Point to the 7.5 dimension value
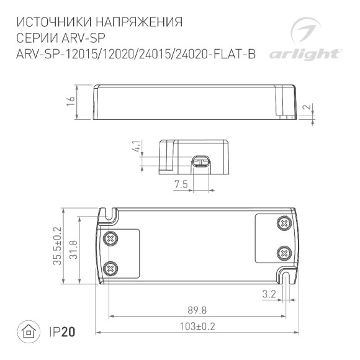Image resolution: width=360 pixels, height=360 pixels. pos(180,184)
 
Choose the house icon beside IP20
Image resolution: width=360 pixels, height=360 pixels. pos(28,332)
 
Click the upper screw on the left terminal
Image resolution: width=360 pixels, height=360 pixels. pos(112,238)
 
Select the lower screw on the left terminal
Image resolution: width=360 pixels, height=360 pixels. pos(112,268)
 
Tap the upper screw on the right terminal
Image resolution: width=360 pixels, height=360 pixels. pos(284,223)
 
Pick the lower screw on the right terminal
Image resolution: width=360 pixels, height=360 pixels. pos(284,253)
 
